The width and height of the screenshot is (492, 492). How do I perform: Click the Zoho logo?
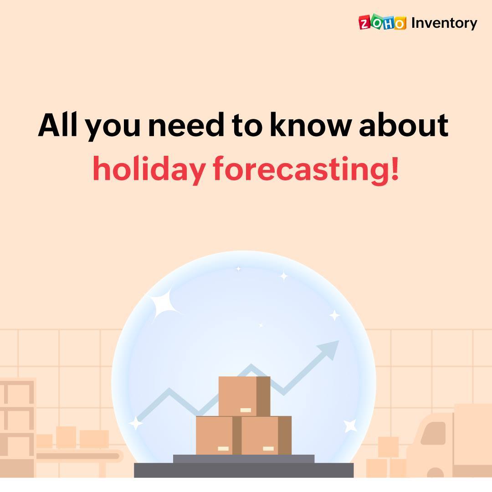[x=382, y=22]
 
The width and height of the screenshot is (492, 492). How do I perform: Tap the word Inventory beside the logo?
[x=444, y=23]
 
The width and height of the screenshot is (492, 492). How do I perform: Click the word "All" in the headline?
[x=57, y=124]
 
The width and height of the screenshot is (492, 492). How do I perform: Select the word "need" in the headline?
[x=186, y=125]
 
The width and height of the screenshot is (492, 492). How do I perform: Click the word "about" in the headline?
[x=404, y=125]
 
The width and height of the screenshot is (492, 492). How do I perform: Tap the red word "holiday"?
[x=149, y=169]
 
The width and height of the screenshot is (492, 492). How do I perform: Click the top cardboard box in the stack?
[x=244, y=396]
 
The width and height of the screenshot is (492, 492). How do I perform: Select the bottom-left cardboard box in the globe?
[x=218, y=435]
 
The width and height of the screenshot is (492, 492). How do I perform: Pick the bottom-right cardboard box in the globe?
[x=266, y=435]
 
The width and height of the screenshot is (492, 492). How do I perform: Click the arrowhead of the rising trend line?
[x=329, y=349]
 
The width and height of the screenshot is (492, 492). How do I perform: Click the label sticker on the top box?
[x=246, y=410]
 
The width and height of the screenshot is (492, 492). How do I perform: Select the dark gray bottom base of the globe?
[x=244, y=470]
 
